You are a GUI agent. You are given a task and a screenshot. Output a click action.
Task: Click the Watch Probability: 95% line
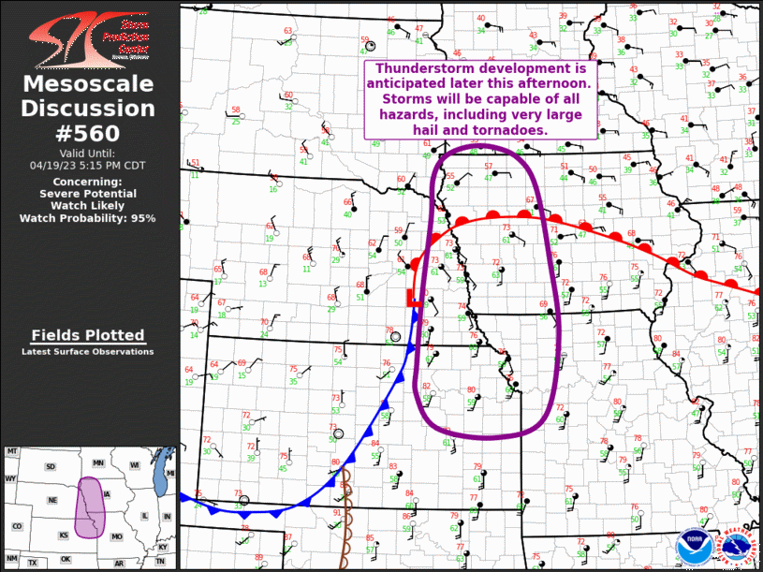click(88, 218)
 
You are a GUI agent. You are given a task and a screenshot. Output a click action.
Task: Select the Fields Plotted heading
click(88, 335)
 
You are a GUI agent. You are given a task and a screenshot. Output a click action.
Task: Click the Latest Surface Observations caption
click(88, 352)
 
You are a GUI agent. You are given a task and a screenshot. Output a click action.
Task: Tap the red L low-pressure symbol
click(410, 299)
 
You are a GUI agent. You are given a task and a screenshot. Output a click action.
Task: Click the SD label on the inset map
click(51, 466)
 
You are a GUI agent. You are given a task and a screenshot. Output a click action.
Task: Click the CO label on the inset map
click(17, 527)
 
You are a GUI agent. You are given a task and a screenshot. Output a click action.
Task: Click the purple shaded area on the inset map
click(91, 506)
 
